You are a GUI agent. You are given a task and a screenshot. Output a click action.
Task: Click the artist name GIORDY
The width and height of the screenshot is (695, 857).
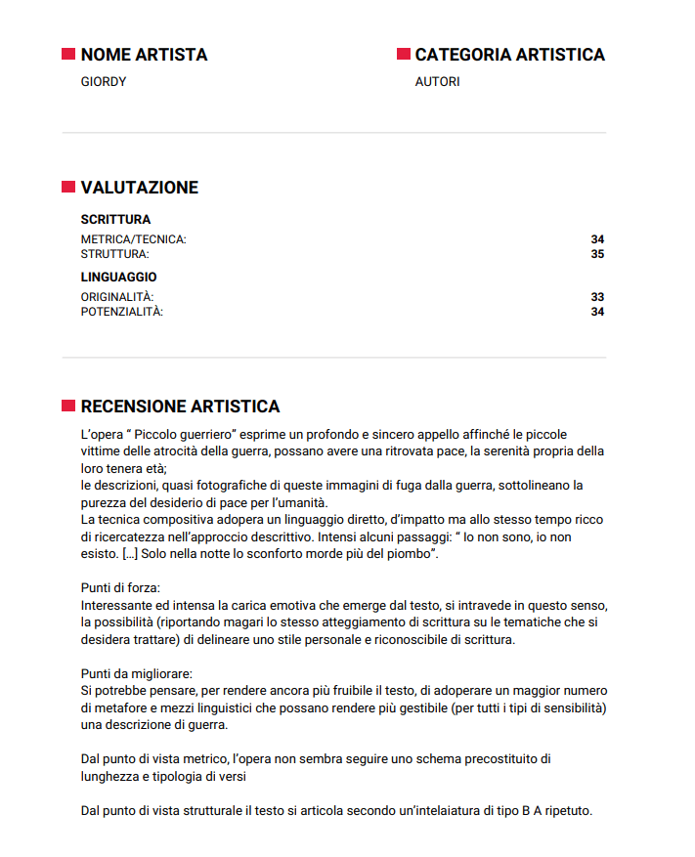(104, 82)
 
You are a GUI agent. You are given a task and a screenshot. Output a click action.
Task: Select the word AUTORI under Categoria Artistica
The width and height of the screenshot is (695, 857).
(437, 82)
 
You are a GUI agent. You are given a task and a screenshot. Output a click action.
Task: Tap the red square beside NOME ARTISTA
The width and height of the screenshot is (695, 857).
(68, 55)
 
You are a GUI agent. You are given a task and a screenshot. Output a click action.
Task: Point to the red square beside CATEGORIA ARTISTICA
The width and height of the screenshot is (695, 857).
(403, 55)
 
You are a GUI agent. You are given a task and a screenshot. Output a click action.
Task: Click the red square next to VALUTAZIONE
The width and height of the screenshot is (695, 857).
(68, 187)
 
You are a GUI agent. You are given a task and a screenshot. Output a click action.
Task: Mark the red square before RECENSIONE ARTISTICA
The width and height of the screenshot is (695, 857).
(68, 406)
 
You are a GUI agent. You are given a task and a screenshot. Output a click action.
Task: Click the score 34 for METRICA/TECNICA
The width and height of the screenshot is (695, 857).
(597, 239)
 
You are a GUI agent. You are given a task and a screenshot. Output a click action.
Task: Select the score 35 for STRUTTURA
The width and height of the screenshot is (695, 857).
(597, 254)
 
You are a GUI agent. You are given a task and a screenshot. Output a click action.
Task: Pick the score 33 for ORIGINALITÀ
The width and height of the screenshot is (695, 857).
(597, 297)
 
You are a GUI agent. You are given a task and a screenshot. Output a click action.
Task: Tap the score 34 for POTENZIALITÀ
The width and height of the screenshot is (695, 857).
(597, 312)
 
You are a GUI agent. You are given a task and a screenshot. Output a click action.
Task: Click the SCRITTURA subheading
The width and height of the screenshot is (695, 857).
(115, 220)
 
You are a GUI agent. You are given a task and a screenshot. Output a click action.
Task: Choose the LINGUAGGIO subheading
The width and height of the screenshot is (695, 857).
(118, 278)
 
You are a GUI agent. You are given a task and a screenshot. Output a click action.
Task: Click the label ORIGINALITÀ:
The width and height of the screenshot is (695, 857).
(117, 297)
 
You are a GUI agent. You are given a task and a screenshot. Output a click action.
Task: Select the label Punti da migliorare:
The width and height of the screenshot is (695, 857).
(137, 674)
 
